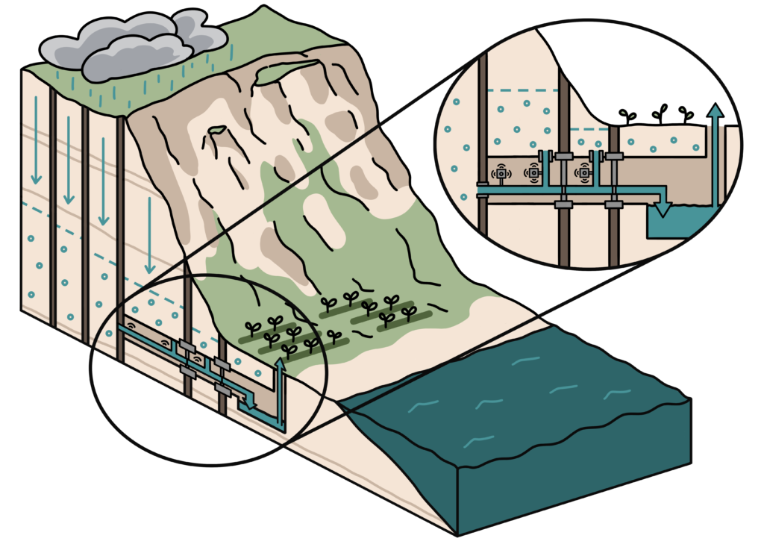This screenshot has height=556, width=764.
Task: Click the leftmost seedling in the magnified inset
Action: tap(627, 116)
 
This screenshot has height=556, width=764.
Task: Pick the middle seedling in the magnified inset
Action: tap(659, 113)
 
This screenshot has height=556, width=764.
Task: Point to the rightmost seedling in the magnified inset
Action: tap(686, 114)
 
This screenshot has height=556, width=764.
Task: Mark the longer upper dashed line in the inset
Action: tap(522, 90)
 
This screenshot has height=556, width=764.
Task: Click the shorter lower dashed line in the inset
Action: tap(589, 128)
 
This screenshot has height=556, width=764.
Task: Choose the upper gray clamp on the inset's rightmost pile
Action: tap(614, 157)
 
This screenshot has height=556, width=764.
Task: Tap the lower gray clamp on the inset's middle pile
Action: tap(564, 204)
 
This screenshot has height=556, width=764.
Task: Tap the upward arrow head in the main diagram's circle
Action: tap(281, 363)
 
